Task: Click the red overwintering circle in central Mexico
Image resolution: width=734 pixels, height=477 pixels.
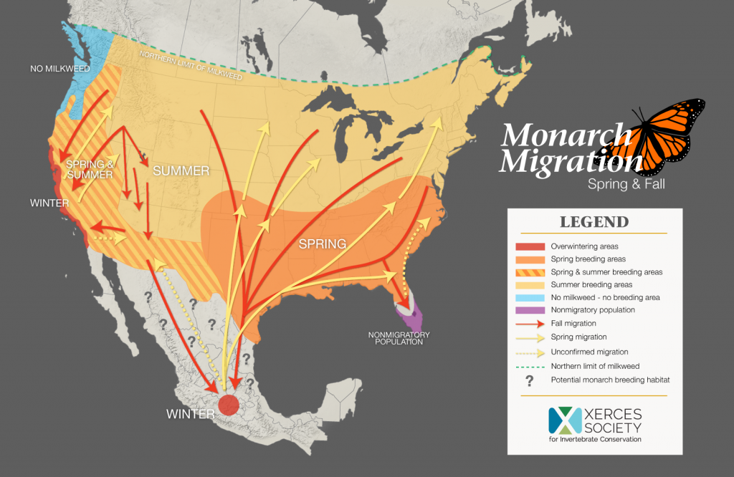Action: coord(229,405)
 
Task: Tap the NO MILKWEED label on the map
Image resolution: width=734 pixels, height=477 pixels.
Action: coord(59,69)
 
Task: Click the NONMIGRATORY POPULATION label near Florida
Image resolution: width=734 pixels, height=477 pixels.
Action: coord(400,338)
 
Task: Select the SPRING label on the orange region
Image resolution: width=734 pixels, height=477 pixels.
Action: coord(323,244)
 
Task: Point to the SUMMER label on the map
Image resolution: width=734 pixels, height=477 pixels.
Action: coord(181,170)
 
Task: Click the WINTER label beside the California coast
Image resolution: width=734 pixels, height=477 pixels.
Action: coord(49,203)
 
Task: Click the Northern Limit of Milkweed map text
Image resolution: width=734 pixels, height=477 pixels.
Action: coord(191,66)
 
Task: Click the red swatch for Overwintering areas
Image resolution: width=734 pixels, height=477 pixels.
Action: coord(529,246)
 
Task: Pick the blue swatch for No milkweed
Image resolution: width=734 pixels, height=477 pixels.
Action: coord(529,297)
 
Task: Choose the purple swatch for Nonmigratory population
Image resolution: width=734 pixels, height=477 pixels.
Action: coord(529,310)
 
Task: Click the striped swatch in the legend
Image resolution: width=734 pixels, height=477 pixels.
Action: coord(529,272)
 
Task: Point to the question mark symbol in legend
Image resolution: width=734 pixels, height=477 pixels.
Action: coord(529,379)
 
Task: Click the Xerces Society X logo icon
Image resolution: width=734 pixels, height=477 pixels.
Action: coord(564,420)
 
